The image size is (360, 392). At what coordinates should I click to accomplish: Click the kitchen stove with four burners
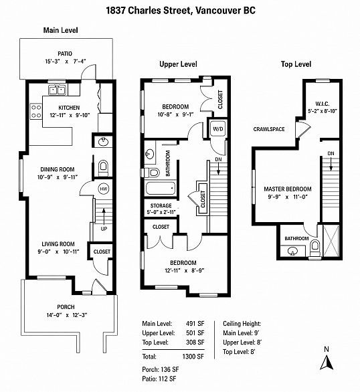click(36, 111)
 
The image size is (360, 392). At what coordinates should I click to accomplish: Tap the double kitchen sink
click(58, 90)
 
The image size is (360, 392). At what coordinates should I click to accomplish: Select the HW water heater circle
click(104, 189)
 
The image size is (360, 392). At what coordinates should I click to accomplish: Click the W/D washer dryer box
click(217, 128)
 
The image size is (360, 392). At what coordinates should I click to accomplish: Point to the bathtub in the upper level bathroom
click(161, 189)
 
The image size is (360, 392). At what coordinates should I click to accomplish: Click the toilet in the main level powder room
click(103, 168)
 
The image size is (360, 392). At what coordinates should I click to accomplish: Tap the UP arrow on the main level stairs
click(104, 216)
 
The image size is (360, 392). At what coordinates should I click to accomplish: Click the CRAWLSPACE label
click(269, 129)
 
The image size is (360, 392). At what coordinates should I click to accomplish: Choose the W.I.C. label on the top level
click(323, 104)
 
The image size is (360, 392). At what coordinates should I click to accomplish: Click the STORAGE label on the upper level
click(161, 206)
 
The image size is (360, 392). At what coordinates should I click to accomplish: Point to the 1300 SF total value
click(193, 357)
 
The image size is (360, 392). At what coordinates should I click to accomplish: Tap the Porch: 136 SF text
click(160, 369)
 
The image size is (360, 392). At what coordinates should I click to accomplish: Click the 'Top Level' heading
click(296, 64)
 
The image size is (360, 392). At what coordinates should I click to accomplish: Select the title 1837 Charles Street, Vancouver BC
click(181, 11)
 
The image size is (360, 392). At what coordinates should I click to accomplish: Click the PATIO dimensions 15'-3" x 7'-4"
click(66, 62)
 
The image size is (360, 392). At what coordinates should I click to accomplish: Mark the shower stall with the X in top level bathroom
click(331, 241)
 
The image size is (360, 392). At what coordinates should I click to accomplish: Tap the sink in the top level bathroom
click(292, 251)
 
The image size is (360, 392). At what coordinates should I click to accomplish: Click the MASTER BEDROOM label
click(288, 189)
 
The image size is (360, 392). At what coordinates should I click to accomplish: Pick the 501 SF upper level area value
click(195, 332)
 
